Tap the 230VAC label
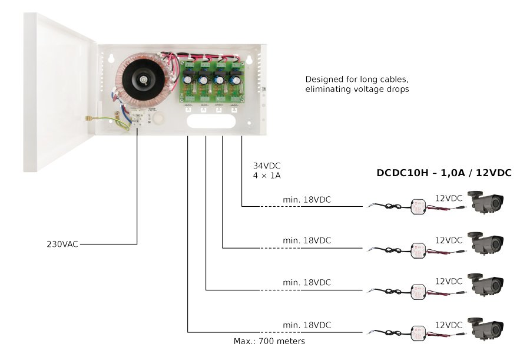[x=62, y=243]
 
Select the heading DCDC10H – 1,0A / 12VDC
[x=444, y=173]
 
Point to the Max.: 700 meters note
[x=269, y=341]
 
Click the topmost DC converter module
[x=418, y=206]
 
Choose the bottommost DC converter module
[x=418, y=332]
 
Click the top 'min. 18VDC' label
[x=307, y=200]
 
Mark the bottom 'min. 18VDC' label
[x=307, y=325]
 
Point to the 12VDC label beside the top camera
[x=449, y=198]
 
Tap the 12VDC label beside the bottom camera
[x=449, y=325]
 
